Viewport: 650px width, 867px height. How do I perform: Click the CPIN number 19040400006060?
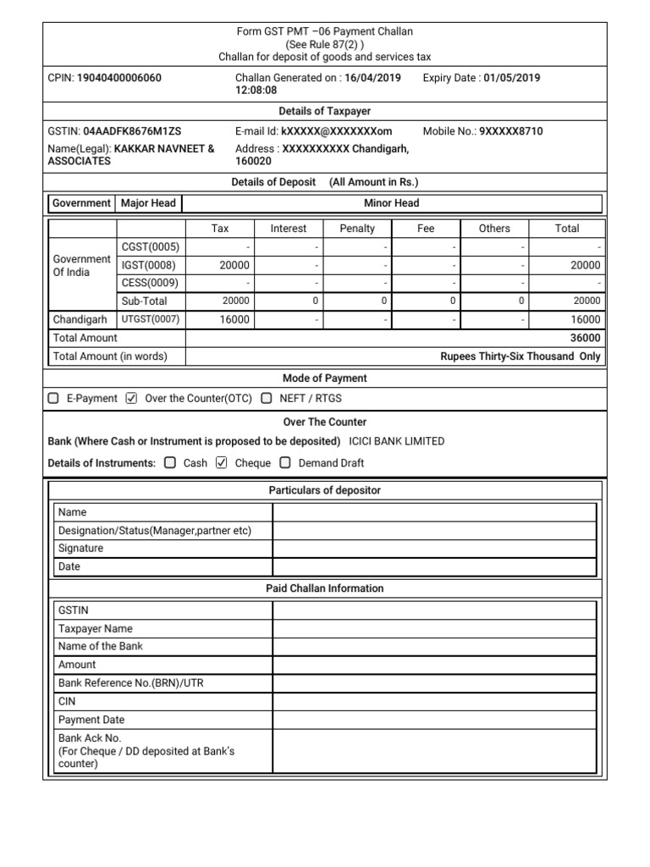119,78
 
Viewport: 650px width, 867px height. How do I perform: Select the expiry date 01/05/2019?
512,78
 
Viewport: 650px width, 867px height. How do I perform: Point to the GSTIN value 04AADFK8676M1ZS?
132,131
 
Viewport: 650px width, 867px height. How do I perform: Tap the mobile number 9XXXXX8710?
511,131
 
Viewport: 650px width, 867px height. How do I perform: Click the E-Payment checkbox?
54,398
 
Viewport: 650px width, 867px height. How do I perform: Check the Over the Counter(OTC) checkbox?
131,398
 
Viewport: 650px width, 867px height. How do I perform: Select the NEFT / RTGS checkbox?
267,398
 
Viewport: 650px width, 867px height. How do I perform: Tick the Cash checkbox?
170,463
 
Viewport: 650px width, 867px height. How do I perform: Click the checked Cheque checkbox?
222,463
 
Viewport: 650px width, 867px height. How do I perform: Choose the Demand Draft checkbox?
285,463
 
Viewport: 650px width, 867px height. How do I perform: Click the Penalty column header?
357,229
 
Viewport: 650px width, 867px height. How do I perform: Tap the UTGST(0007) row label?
150,319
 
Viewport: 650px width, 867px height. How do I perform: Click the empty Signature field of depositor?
434,549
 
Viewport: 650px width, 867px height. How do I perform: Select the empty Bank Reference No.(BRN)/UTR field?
434,682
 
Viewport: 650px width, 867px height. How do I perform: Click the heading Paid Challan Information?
325,588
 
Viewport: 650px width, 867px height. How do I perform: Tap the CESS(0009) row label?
150,283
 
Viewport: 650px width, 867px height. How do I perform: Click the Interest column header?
289,229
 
